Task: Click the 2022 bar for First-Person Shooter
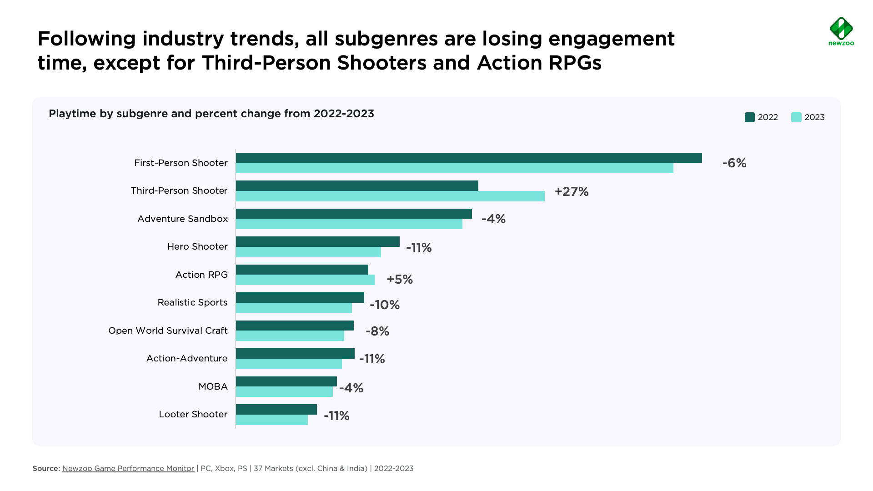468,158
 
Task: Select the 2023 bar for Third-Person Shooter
390,196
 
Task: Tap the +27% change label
572,191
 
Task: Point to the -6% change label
734,163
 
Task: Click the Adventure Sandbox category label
182,219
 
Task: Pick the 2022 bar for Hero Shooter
317,241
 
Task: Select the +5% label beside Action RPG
400,279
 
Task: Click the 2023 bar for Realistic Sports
294,308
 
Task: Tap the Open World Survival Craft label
168,331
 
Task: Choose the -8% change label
377,331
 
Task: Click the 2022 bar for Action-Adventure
295,353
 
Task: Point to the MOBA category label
213,386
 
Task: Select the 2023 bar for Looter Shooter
271,420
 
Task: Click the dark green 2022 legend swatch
750,117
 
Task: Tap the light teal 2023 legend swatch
796,117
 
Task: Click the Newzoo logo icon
841,28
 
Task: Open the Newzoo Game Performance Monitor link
128,468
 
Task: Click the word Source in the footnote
46,468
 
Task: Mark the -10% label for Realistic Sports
385,305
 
